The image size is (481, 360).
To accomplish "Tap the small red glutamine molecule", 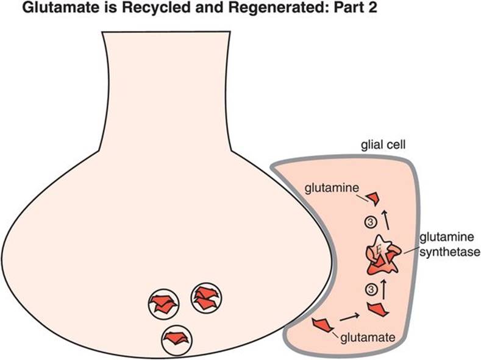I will pyautogui.click(x=373, y=197).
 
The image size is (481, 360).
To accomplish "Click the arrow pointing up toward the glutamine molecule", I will pyautogui.click(x=384, y=220).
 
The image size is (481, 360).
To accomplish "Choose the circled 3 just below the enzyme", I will pyautogui.click(x=369, y=288).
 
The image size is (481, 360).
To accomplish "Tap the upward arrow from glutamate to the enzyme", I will pyautogui.click(x=384, y=286).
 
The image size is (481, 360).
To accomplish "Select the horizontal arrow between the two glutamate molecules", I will pyautogui.click(x=349, y=317).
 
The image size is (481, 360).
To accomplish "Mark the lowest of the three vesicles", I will pyautogui.click(x=177, y=338).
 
